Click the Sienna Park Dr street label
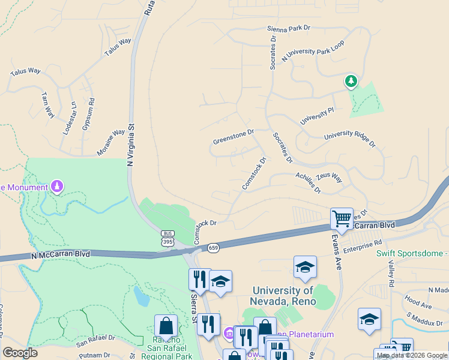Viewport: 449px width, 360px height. pyautogui.click(x=289, y=28)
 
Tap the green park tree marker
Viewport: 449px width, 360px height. pyautogui.click(x=351, y=81)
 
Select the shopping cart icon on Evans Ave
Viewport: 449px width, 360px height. pyautogui.click(x=342, y=218)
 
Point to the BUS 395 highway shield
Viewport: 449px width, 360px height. pyautogui.click(x=167, y=238)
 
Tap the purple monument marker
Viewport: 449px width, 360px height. pyautogui.click(x=57, y=187)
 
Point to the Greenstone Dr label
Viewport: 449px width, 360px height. pyautogui.click(x=234, y=137)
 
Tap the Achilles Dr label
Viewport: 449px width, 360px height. pyautogui.click(x=308, y=182)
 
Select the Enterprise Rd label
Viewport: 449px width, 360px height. pyautogui.click(x=363, y=245)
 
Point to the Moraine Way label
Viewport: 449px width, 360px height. pyautogui.click(x=110, y=141)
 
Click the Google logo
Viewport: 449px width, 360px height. pyautogui.click(x=20, y=353)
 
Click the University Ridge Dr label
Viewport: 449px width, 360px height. pyautogui.click(x=349, y=140)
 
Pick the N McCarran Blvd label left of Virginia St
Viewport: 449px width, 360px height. pyautogui.click(x=61, y=254)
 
